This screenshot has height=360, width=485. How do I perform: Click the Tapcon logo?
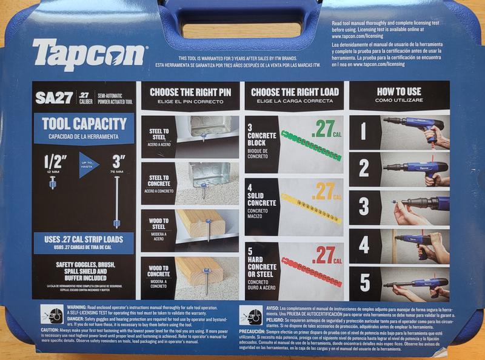89,55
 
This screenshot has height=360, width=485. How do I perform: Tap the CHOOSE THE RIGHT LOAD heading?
295,92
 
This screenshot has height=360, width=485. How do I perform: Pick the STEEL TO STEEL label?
158,133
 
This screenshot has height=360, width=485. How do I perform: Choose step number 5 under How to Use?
364,282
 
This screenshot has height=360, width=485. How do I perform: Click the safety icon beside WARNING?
51,314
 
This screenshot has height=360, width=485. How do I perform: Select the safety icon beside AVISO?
250,315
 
